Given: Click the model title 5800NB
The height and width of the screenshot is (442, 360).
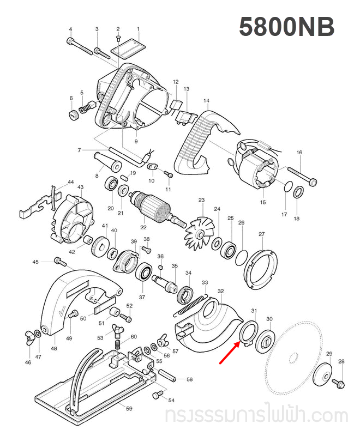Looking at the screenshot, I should [x=286, y=27].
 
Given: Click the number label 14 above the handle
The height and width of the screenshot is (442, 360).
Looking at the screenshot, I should [x=206, y=101].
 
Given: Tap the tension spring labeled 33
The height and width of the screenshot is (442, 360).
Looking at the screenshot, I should [x=190, y=306].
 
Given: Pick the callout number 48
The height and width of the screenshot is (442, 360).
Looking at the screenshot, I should [x=53, y=348].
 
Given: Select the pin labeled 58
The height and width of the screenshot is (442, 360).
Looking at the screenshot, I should [x=166, y=376].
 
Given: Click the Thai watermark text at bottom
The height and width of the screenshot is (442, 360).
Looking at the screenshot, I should [x=256, y=416].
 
